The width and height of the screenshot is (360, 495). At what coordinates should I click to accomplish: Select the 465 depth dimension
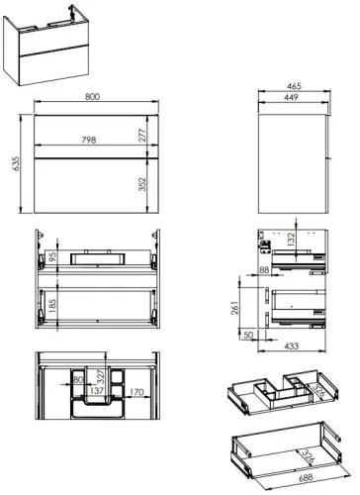tap(293, 85)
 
